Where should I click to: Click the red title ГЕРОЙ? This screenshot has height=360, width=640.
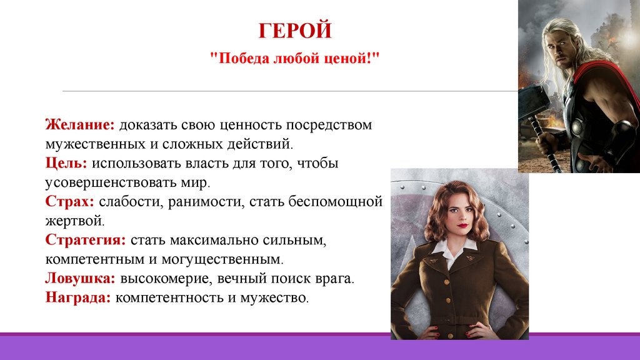295,31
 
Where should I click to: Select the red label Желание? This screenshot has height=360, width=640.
80,124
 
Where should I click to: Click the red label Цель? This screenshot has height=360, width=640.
66,163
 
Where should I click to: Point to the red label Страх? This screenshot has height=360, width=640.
70,201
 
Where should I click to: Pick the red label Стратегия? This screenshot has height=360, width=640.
86,239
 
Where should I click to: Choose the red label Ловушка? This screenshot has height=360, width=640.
81,278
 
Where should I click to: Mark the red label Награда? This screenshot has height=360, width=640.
78,297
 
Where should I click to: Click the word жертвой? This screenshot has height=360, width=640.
75,221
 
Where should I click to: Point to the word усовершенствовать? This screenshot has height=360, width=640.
111,182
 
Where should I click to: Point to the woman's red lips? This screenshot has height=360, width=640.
462,226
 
